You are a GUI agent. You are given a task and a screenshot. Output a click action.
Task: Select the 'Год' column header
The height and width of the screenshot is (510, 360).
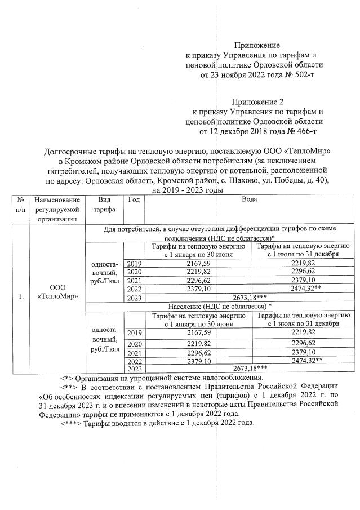click(134, 199)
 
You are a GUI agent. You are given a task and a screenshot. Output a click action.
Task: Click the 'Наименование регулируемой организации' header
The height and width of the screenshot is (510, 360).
click(57, 209)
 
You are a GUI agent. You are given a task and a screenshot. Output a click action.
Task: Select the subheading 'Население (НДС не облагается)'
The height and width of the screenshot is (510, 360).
click(219, 305)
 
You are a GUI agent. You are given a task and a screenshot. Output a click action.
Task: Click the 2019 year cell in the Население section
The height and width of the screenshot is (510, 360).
click(134, 333)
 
